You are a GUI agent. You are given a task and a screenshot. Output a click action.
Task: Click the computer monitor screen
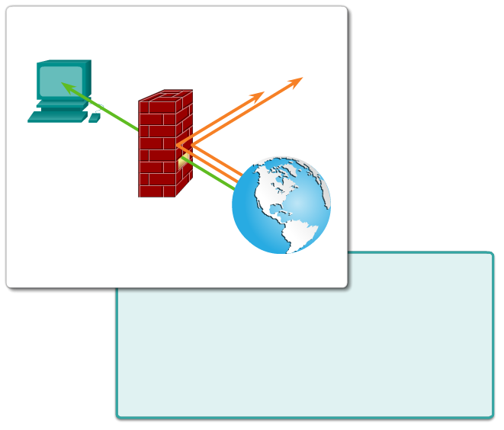tap(59, 81)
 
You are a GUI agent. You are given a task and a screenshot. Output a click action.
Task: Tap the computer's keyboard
tap(56, 117)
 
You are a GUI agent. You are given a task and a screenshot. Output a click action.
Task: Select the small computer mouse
tap(95, 118)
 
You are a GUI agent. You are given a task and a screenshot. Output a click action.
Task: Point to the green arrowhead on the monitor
tap(66, 88)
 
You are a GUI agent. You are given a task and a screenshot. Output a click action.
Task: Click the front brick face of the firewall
tap(156, 149)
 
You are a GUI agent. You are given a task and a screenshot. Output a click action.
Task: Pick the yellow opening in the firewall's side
tap(182, 161)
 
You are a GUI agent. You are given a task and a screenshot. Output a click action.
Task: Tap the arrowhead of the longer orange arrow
tap(297, 80)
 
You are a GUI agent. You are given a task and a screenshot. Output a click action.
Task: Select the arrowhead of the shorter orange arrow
tap(258, 95)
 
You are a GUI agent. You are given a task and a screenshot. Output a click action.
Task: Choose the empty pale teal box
tap(366, 351)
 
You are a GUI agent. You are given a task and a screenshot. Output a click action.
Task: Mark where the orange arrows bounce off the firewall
tap(178, 144)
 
